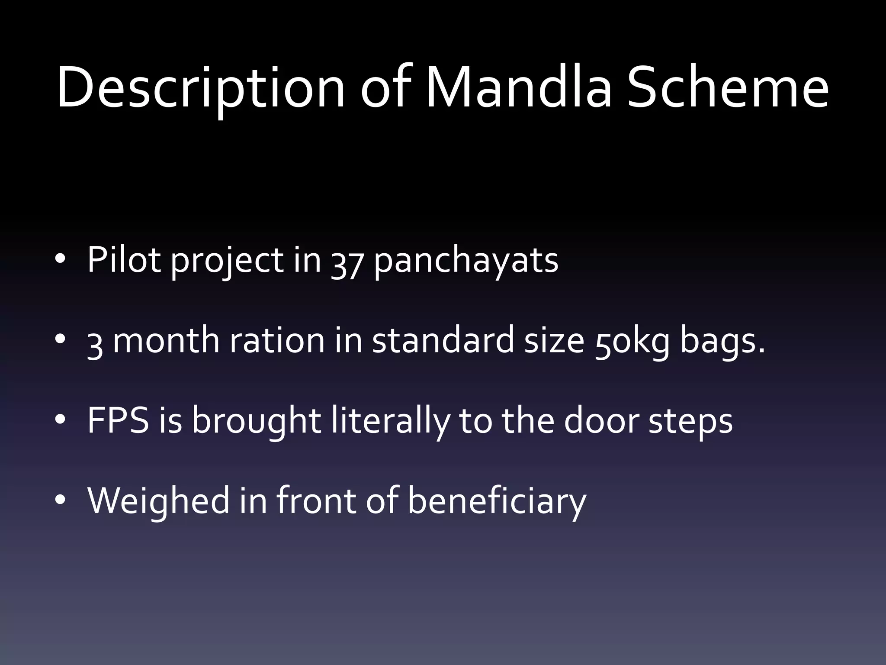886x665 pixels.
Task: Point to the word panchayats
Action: coord(466,261)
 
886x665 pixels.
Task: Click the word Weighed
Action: coord(158,501)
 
